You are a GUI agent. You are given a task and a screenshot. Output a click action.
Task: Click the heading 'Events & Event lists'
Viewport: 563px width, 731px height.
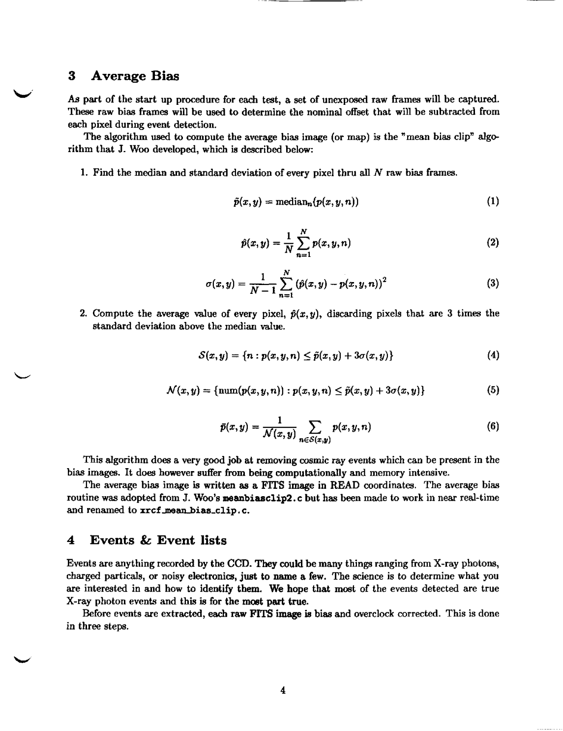point(158,540)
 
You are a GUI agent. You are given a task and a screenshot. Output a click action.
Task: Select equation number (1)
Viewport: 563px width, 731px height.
point(493,202)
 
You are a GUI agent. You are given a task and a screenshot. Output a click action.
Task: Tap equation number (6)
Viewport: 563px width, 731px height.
point(493,427)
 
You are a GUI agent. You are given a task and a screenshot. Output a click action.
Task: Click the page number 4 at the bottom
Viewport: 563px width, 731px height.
point(283,690)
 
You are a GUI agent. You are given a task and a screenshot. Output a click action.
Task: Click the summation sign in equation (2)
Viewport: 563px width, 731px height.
point(304,243)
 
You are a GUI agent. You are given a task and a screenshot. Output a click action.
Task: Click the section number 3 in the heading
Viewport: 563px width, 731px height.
point(71,76)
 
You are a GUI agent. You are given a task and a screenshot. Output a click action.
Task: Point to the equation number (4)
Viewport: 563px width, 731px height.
point(493,355)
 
